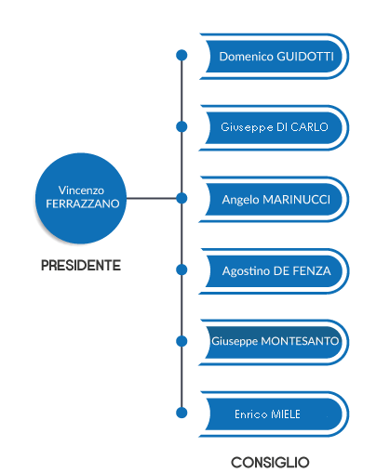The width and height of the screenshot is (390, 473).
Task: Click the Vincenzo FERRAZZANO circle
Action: [x=81, y=198]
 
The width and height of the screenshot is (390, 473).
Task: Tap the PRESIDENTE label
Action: [x=81, y=266]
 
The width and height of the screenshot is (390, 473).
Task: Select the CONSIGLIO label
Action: [x=270, y=463]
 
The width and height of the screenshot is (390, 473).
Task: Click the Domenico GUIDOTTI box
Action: [x=275, y=57]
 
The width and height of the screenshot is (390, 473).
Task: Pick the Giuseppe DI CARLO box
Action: [x=275, y=127]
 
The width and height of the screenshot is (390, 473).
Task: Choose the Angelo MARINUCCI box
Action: [x=275, y=199]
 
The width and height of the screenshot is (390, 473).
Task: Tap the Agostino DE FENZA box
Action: [x=275, y=271]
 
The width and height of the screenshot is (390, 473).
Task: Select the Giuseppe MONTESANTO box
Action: [x=275, y=342]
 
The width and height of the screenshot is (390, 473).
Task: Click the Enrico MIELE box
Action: [x=275, y=414]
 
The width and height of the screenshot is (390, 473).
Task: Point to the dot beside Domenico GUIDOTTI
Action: [x=182, y=55]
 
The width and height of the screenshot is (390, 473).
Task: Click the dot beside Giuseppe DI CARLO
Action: [x=182, y=126]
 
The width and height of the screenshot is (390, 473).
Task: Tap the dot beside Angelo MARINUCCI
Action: [x=182, y=198]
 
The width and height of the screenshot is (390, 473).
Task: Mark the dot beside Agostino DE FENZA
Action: [x=182, y=269]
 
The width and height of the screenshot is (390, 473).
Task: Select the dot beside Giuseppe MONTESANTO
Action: [x=182, y=341]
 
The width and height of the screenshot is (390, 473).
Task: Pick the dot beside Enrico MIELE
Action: [x=182, y=413]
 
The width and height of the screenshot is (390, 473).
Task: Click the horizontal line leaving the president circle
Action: [x=152, y=198]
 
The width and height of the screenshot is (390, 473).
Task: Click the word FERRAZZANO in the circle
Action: [x=83, y=204]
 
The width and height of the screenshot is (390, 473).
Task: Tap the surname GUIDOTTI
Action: [x=305, y=57]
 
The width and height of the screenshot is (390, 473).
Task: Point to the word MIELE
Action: [x=286, y=414]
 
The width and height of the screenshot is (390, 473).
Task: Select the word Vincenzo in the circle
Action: [x=81, y=191]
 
